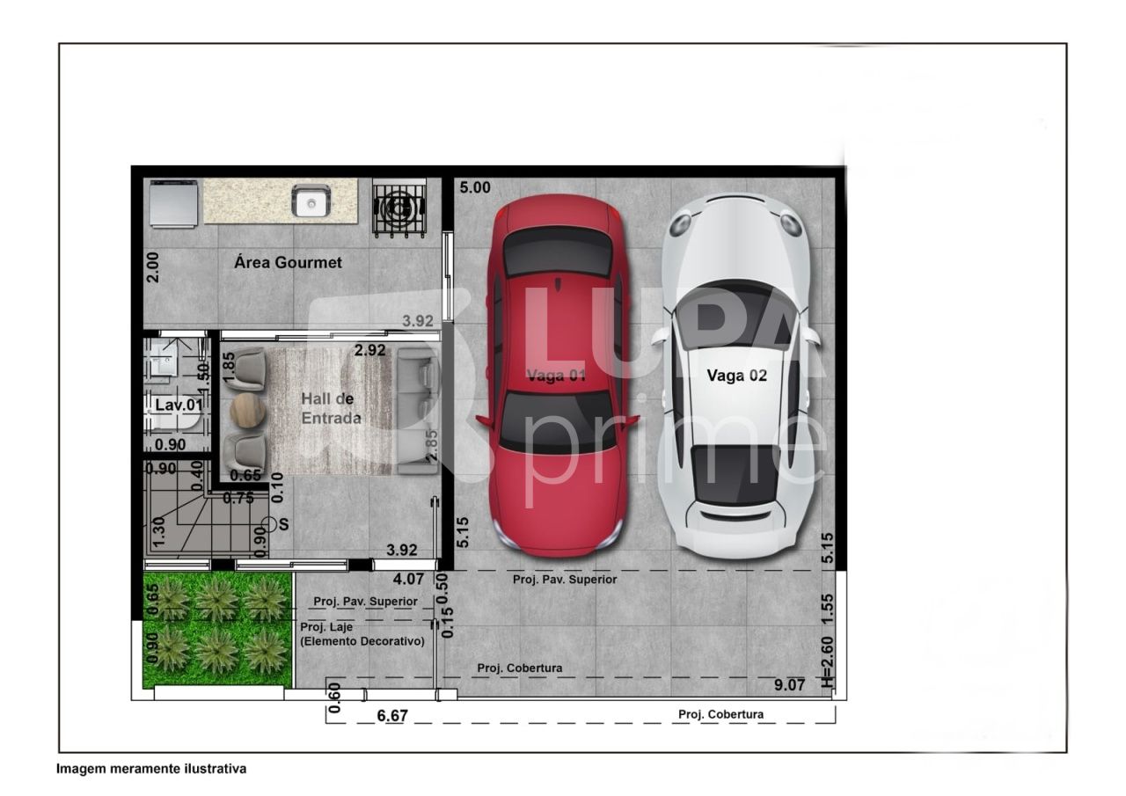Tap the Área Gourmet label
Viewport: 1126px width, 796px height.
tap(288, 262)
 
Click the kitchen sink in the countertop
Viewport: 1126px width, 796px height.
tap(311, 202)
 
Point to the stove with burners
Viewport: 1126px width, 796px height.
tap(399, 207)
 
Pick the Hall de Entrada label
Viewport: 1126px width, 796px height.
tap(331, 408)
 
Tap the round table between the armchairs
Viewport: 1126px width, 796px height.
tap(247, 410)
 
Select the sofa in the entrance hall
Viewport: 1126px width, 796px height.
tap(417, 410)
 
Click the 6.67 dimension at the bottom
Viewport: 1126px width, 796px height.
tap(391, 716)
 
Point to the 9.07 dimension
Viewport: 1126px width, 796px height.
tap(790, 684)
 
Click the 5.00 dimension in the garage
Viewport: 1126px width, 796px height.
tap(475, 187)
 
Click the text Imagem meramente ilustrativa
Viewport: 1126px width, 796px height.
tap(151, 769)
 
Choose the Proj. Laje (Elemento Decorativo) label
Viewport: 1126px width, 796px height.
tap(362, 634)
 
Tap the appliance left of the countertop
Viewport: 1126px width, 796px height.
tap(173, 203)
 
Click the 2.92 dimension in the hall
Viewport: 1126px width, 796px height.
tap(369, 350)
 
